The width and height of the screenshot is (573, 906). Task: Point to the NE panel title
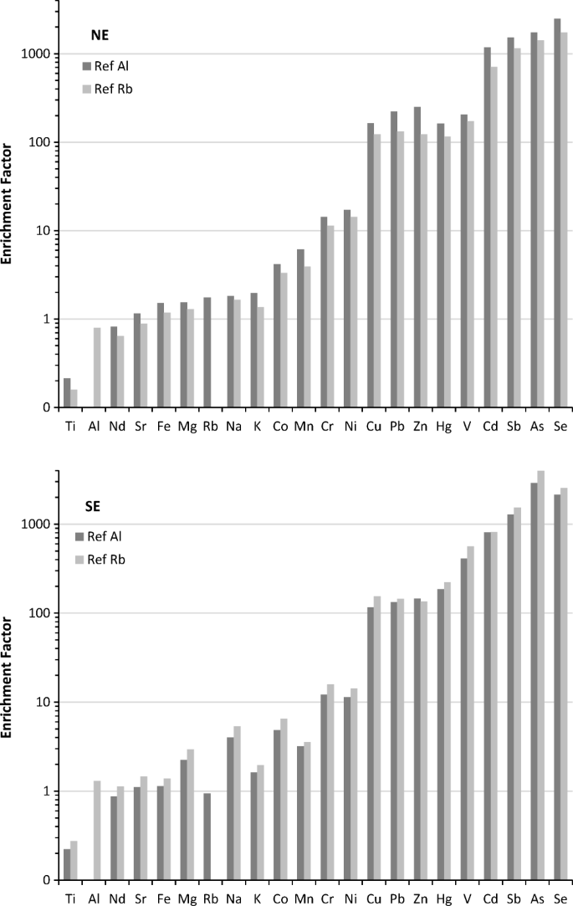coord(99,35)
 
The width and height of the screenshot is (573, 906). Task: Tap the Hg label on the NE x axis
coord(445,425)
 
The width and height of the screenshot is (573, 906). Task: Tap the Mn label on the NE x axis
coord(304,425)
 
